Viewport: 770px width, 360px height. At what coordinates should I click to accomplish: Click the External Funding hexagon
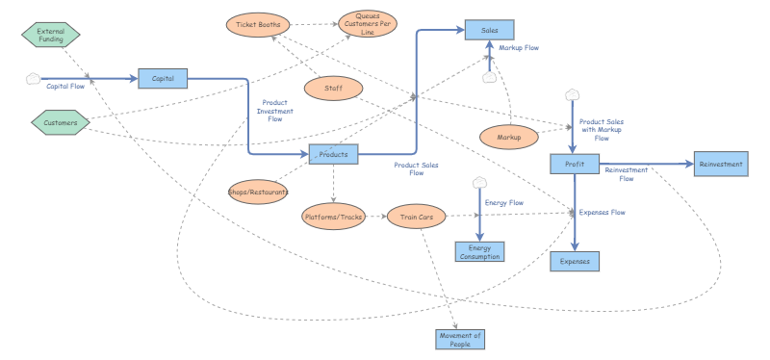coord(50,35)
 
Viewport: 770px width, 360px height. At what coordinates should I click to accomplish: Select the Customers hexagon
coord(60,122)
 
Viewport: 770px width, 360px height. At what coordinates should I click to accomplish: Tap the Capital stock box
coord(163,79)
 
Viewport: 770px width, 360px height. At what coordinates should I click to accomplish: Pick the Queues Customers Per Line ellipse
coord(367,23)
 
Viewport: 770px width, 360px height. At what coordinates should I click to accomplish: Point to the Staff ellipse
coord(332,89)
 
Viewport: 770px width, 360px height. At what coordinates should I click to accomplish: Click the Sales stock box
coord(490,31)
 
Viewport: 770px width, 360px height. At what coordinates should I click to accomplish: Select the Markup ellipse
coord(508,138)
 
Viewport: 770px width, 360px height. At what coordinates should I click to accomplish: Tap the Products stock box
coord(333,154)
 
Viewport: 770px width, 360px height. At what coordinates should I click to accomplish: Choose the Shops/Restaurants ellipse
coord(258,192)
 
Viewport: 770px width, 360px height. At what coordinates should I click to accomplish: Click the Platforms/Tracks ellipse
coord(333,217)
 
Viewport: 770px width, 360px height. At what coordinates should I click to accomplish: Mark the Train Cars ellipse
coord(417,217)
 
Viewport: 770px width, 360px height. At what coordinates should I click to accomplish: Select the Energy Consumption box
coord(479,252)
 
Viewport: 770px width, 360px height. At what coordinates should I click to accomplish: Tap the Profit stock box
coord(575,165)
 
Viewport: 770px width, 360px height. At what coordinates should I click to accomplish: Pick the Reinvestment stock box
coord(721,165)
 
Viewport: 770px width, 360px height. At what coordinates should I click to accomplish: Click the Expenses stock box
coord(575,261)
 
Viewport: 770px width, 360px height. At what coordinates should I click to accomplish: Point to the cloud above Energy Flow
coord(479,182)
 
